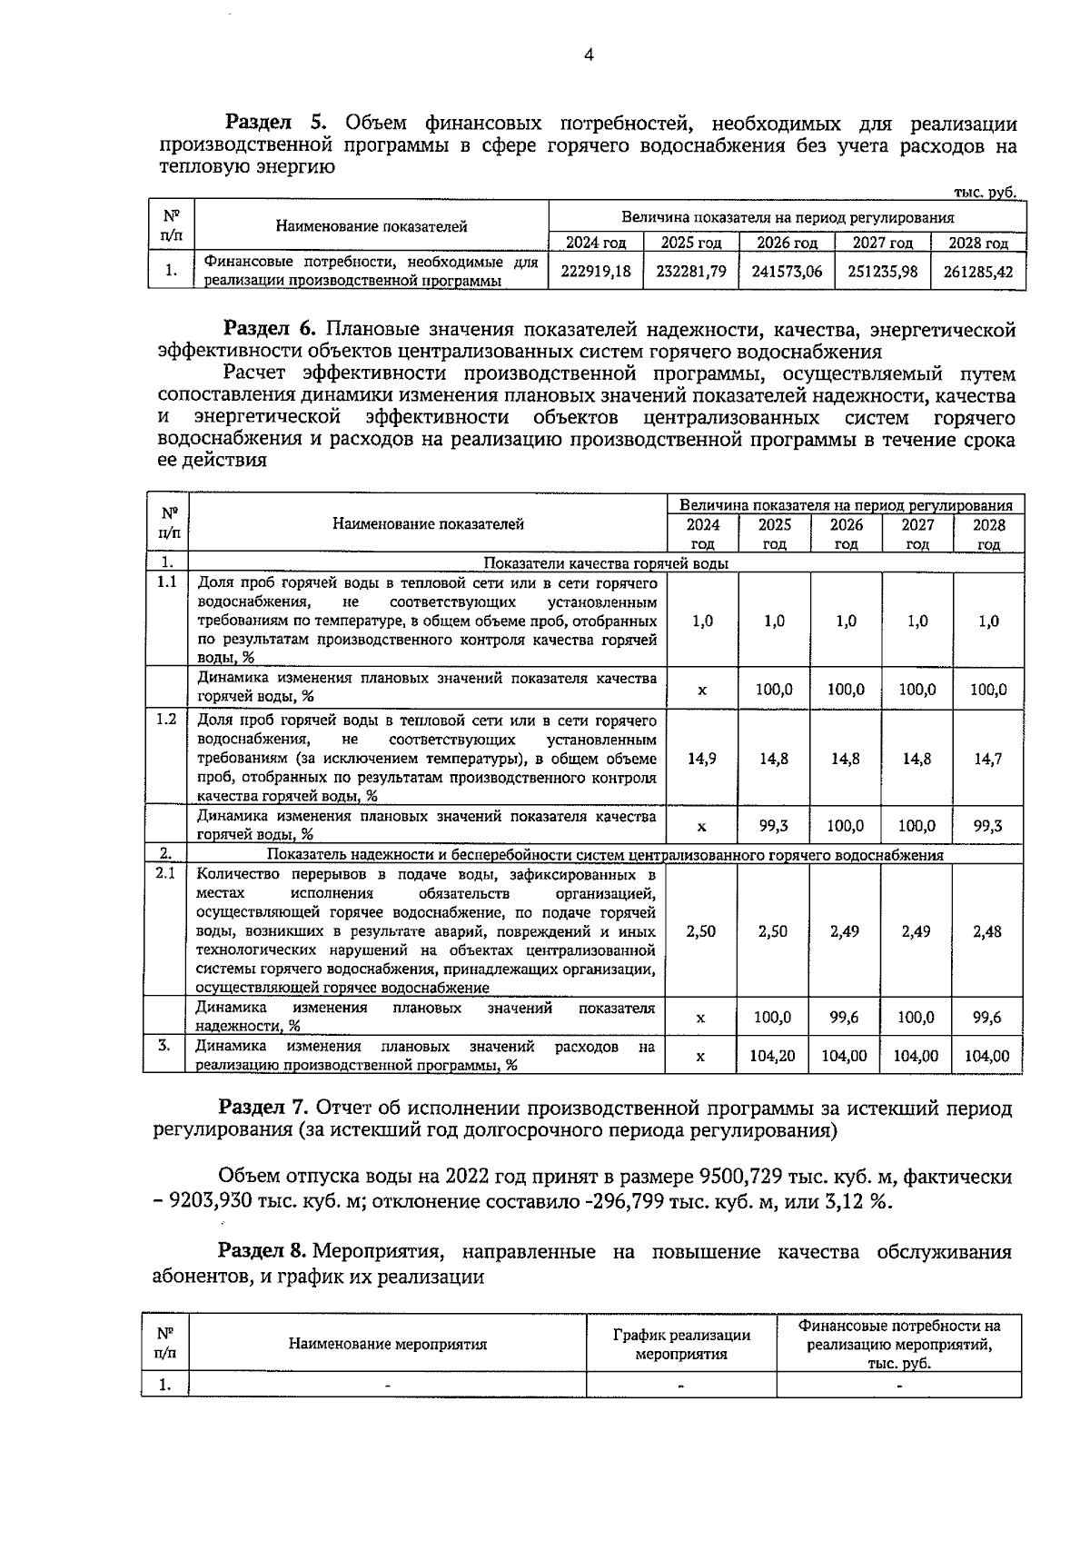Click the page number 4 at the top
[589, 55]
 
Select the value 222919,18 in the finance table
[596, 271]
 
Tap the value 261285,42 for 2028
[978, 271]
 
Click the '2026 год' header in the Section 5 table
[787, 243]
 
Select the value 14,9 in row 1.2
[701, 759]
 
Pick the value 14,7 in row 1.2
[988, 759]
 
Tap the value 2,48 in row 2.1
[988, 931]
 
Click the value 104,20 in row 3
[773, 1056]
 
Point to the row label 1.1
[165, 582]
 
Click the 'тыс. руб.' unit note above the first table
[984, 192]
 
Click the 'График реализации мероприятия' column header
[681, 1344]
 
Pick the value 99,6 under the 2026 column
[845, 1018]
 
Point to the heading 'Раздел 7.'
[264, 1109]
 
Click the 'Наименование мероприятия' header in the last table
[388, 1344]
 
